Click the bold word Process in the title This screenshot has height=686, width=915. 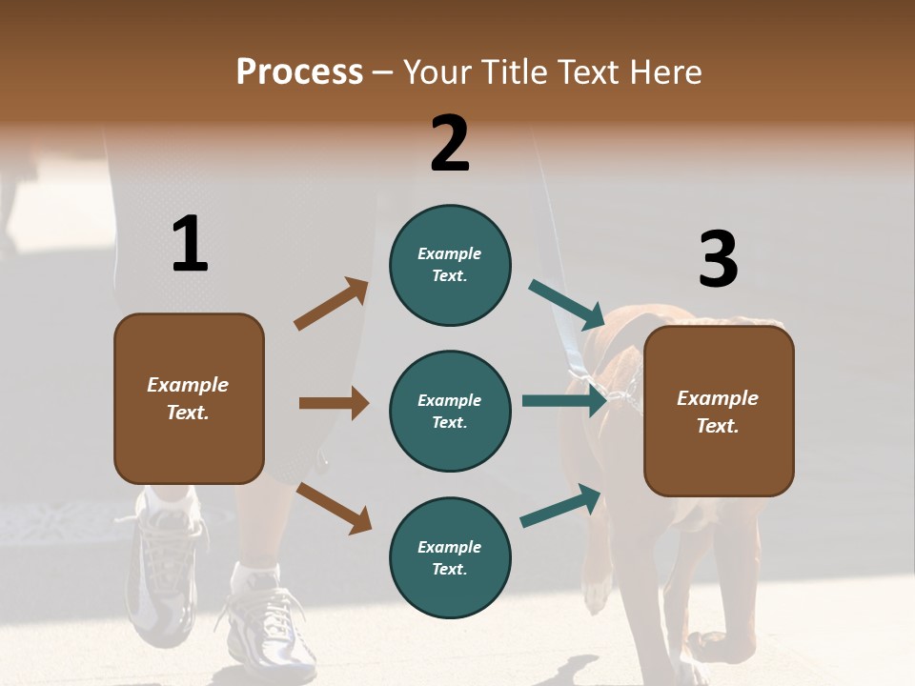(x=299, y=72)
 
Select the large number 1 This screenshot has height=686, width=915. (x=190, y=244)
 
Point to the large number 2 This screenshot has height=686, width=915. (x=450, y=144)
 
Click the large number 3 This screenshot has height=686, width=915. (x=718, y=260)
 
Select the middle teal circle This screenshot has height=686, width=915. (x=450, y=411)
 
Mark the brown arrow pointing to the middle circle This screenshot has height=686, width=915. (x=334, y=403)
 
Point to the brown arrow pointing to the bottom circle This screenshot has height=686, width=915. (x=335, y=508)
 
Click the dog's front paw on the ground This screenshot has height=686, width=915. (x=596, y=595)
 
